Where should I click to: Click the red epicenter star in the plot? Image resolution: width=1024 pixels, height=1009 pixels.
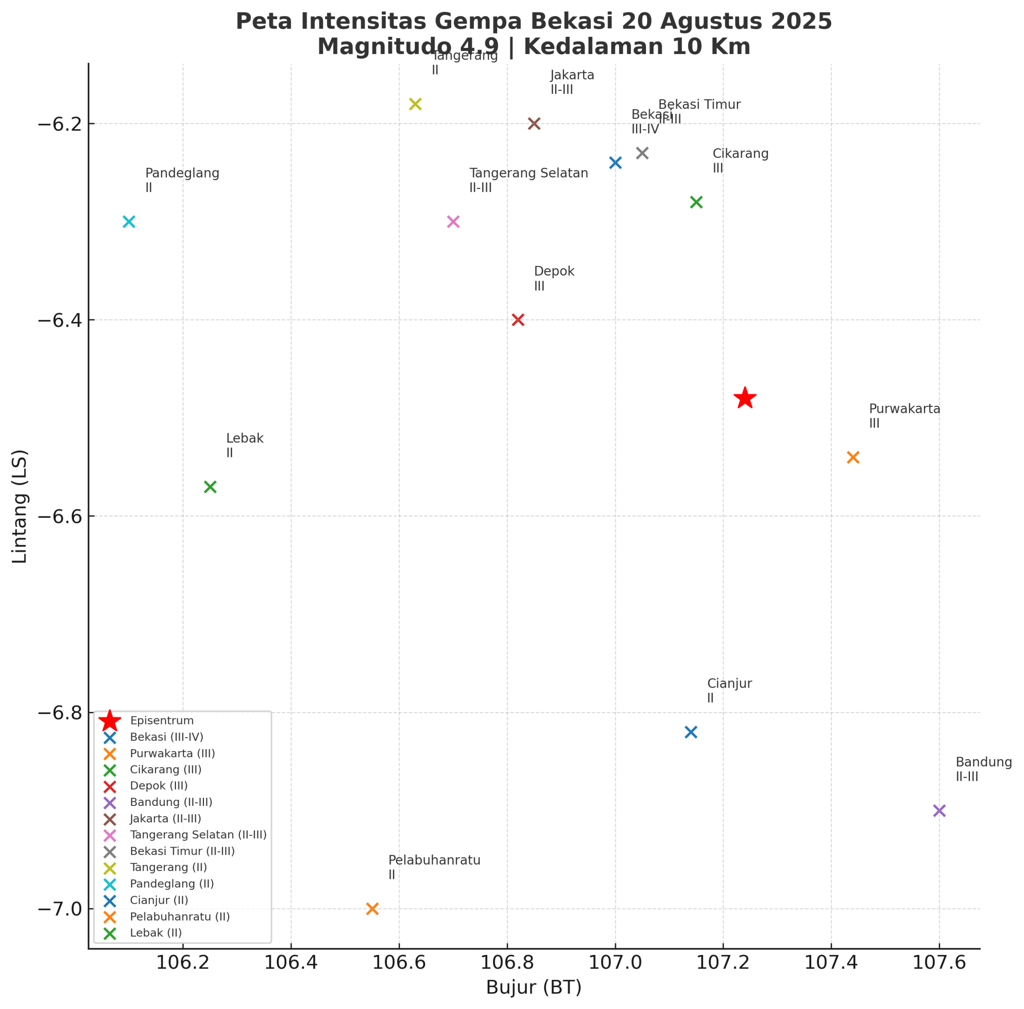pyautogui.click(x=745, y=398)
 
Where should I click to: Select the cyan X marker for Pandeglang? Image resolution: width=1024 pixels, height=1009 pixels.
pyautogui.click(x=129, y=221)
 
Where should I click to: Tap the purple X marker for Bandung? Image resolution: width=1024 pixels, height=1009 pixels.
pyautogui.click(x=939, y=811)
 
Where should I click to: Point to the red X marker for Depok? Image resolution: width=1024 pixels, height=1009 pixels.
pyautogui.click(x=518, y=320)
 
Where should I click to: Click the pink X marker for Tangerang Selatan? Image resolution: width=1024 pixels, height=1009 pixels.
pyautogui.click(x=453, y=221)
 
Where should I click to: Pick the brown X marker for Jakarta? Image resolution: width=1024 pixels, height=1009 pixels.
pyautogui.click(x=534, y=124)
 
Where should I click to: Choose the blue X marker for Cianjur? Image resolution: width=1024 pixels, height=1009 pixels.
pyautogui.click(x=691, y=732)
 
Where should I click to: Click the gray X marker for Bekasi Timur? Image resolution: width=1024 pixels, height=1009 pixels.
pyautogui.click(x=642, y=153)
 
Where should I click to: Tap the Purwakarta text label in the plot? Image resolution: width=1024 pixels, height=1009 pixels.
pyautogui.click(x=904, y=409)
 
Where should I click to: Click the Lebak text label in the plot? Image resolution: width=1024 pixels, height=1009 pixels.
pyautogui.click(x=245, y=438)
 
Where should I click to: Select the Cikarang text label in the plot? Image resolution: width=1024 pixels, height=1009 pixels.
pyautogui.click(x=740, y=154)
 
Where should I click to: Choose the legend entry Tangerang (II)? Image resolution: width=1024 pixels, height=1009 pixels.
pyautogui.click(x=168, y=867)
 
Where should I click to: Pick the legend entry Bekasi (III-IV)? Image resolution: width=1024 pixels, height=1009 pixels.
pyautogui.click(x=166, y=737)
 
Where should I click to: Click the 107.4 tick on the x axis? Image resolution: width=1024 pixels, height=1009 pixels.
pyautogui.click(x=830, y=962)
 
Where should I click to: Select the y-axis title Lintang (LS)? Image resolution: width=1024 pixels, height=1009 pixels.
pyautogui.click(x=20, y=507)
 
